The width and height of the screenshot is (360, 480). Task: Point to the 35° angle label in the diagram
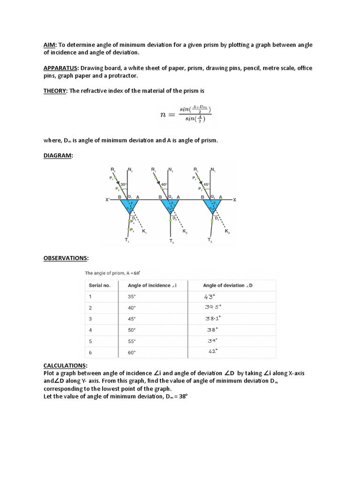coord(124,185)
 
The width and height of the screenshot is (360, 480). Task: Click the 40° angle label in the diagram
coord(164,185)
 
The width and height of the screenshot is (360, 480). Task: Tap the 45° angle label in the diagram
coord(206,184)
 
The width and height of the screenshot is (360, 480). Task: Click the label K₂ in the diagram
coord(185,232)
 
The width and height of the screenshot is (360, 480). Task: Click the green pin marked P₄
coord(131,229)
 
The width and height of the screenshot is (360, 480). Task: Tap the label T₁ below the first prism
coord(127,240)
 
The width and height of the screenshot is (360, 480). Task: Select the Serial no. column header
coord(100,285)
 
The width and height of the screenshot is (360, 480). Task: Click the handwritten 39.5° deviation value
coord(213,307)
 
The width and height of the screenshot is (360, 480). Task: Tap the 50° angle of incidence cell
coord(132,330)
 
